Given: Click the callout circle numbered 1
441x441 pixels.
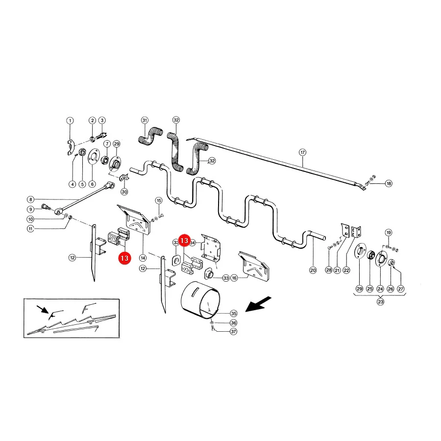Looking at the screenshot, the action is point(70,121).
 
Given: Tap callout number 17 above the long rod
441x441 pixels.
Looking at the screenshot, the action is point(302,152).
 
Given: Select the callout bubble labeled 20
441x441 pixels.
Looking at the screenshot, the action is point(313,270).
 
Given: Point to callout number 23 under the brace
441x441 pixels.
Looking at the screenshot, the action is point(380,302).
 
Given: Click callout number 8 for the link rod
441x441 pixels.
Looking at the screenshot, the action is point(30,200).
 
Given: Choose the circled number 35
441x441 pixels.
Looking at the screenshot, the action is point(234,313).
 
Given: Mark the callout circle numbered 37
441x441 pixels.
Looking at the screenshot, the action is point(233,332).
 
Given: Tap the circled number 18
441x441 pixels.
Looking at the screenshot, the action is point(389,183).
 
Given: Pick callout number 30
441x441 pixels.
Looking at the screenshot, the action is point(124,192).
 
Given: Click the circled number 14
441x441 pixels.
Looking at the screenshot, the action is point(143,258).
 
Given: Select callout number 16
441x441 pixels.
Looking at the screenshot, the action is point(234,278).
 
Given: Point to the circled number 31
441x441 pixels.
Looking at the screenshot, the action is point(145,121).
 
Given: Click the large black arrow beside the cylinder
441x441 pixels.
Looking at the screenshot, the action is point(258,304).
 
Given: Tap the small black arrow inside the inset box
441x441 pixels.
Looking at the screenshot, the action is point(43,310).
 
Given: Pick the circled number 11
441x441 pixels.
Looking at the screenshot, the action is point(30,229).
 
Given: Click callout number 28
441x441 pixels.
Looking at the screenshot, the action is point(329,270).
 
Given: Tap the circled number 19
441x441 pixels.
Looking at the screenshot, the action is point(389,233).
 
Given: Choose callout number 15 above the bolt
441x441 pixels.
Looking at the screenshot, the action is point(159,200).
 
